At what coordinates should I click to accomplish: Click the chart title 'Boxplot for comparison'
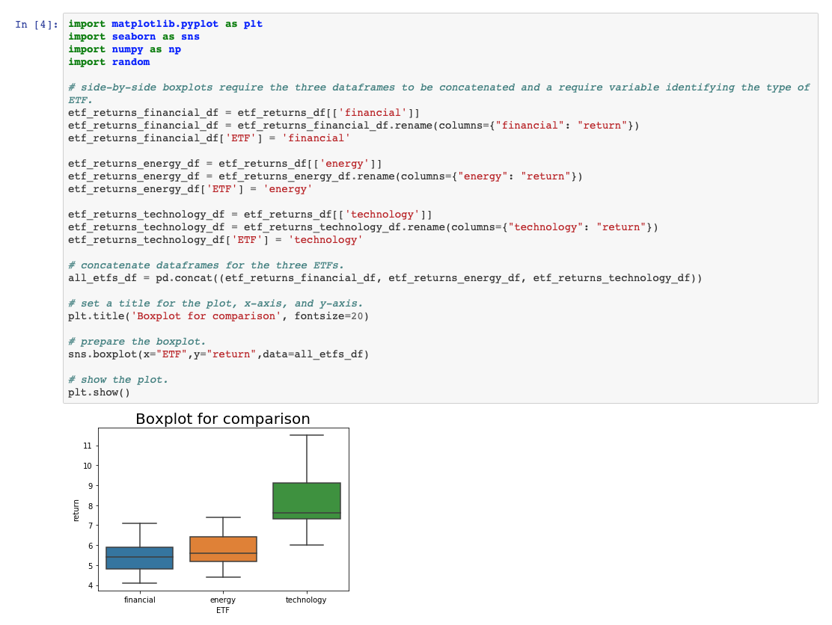222,419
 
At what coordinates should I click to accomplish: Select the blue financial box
140,558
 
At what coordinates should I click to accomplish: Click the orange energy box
223,549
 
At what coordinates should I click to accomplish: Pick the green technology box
307,500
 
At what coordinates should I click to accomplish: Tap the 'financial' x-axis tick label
140,600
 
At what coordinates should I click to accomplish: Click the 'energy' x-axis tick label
223,600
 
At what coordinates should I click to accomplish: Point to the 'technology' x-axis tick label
306,600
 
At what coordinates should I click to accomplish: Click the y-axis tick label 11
87,446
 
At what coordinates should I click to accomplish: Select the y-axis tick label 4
89,585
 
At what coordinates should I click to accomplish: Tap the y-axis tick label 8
89,505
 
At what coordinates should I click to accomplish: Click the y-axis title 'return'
76,510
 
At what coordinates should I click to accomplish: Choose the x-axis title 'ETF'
223,610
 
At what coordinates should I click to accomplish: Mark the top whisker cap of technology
307,435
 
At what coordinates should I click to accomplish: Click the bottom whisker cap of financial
140,583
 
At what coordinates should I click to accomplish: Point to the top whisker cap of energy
223,517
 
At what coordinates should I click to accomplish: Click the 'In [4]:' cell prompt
37,25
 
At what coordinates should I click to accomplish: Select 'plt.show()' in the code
99,392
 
